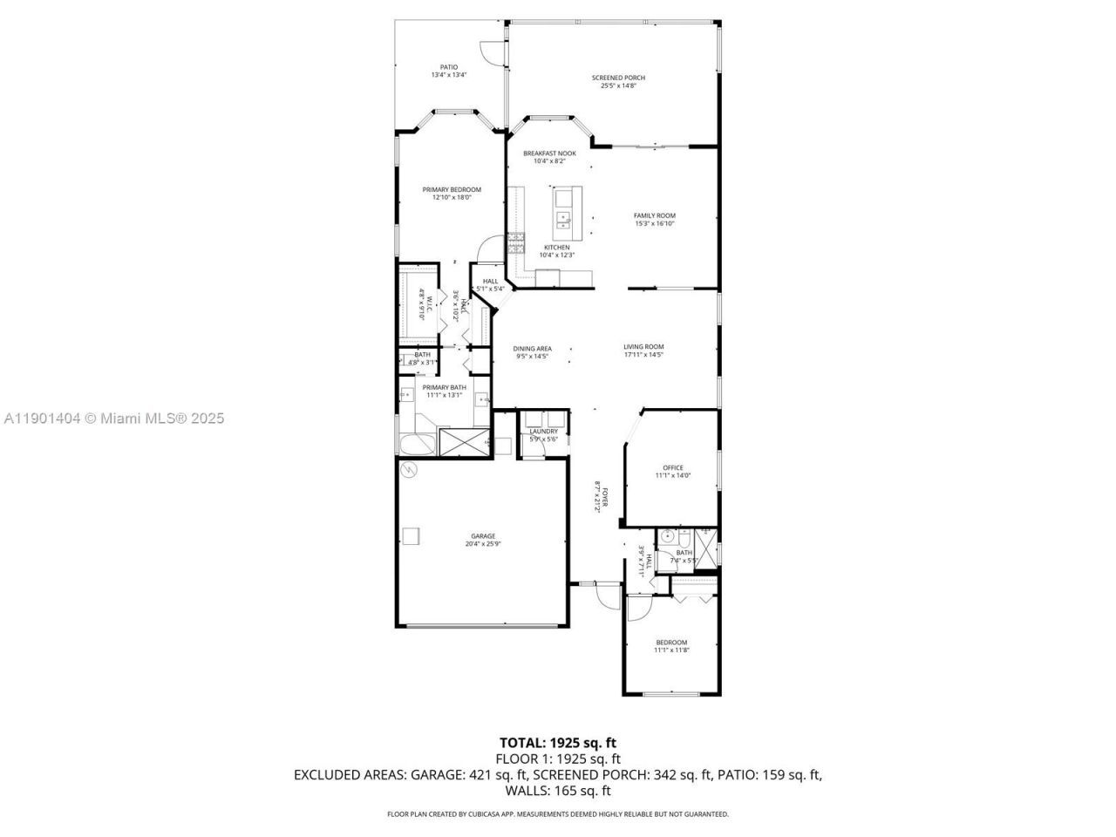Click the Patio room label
pos(448,67)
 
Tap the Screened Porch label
pos(623,78)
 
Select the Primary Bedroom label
pos(452,189)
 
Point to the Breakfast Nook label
pos(549,153)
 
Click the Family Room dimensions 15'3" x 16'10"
pos(654,224)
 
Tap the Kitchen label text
pos(556,247)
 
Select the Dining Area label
pos(532,349)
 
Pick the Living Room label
pos(643,346)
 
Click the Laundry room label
pos(543,432)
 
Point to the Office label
pos(672,467)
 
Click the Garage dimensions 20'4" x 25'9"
pos(483,544)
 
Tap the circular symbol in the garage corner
pos(408,471)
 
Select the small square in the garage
pos(411,535)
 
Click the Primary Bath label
pos(444,387)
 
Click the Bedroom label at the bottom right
pos(671,643)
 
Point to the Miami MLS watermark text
pos(113,418)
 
